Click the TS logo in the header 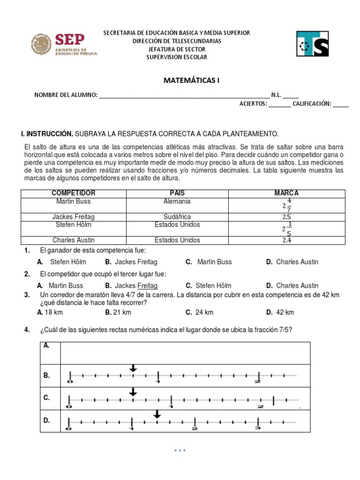tap(313, 44)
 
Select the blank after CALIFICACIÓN tap(341, 104)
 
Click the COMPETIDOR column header tap(73, 193)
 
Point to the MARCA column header tap(286, 193)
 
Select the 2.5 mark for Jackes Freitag tap(286, 217)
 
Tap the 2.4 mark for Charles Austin tap(286, 240)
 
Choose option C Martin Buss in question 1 tap(214, 262)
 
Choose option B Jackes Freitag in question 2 tap(136, 285)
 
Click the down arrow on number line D tap(157, 413)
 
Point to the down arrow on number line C tap(133, 391)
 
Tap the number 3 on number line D tap(257, 428)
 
